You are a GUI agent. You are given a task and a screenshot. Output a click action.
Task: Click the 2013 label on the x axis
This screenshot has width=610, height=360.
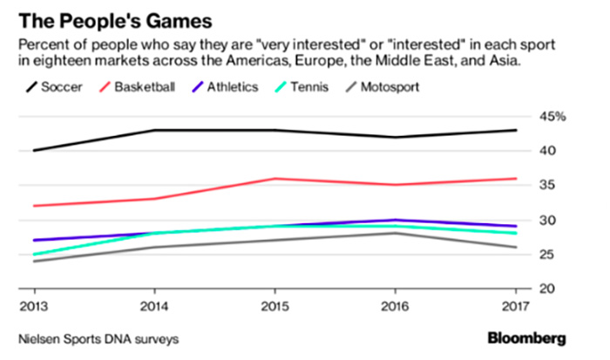35,306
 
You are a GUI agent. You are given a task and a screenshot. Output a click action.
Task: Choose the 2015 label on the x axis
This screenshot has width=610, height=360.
275,306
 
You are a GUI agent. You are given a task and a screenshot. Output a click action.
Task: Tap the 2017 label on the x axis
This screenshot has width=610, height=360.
516,306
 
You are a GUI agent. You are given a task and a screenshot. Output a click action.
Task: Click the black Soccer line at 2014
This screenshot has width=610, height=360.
155,130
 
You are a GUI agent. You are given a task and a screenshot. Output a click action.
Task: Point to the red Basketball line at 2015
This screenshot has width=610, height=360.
275,179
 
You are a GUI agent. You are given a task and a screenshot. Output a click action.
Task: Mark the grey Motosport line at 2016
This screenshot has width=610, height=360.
396,233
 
